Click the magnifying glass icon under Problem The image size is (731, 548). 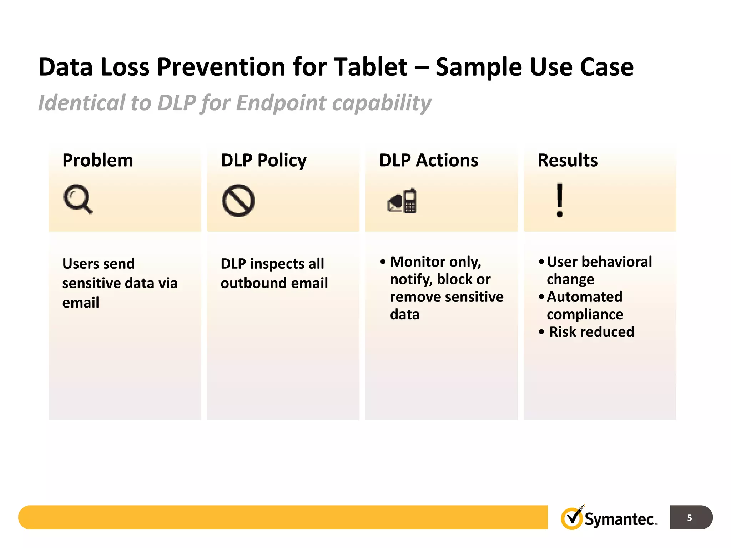click(77, 199)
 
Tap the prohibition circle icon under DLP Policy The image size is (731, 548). click(238, 201)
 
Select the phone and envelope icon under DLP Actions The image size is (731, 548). click(402, 201)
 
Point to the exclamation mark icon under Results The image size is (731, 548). click(560, 200)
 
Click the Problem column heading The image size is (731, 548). click(97, 160)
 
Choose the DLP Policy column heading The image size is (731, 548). click(263, 160)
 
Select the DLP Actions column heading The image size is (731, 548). click(428, 160)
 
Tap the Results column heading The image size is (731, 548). click(568, 160)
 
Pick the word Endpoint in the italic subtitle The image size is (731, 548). click(281, 103)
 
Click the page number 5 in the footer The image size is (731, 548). click(689, 518)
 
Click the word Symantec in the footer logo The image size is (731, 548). click(619, 519)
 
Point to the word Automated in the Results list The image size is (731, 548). click(584, 297)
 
